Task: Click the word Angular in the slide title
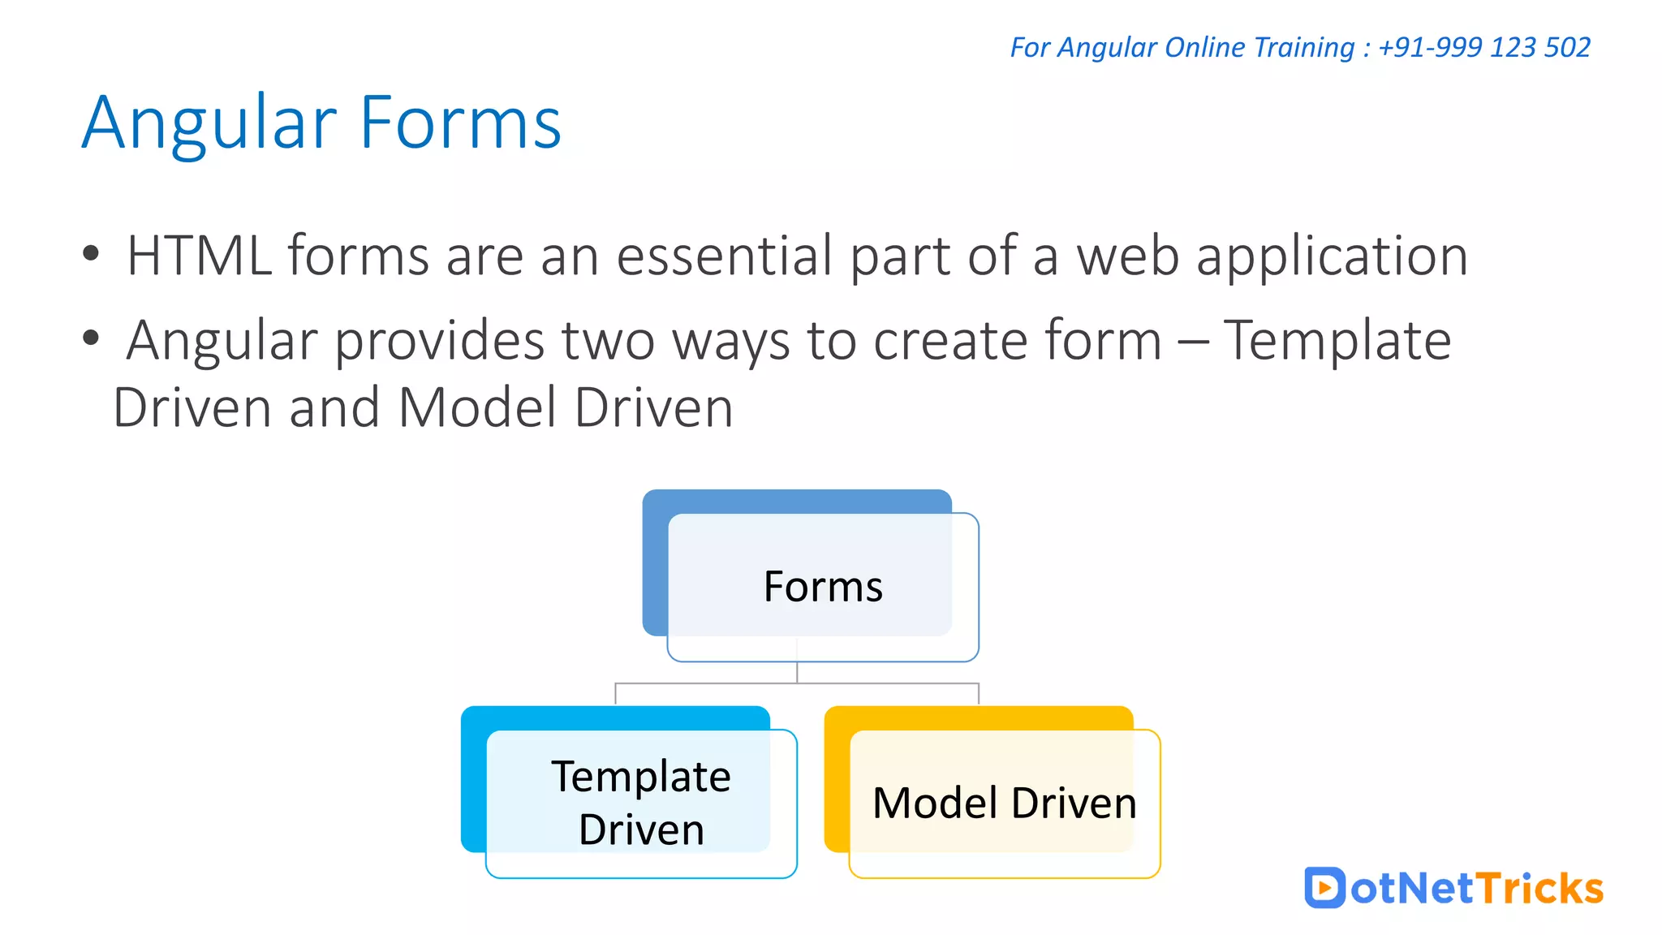(209, 123)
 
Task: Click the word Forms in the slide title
(459, 123)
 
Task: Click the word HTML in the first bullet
(199, 256)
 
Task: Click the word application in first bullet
(1332, 256)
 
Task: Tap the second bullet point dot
(91, 338)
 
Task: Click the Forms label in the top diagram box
(823, 587)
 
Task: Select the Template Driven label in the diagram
(641, 803)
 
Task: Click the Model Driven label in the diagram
(1004, 804)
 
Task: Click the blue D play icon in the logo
(1324, 888)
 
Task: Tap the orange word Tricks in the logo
(1539, 888)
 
